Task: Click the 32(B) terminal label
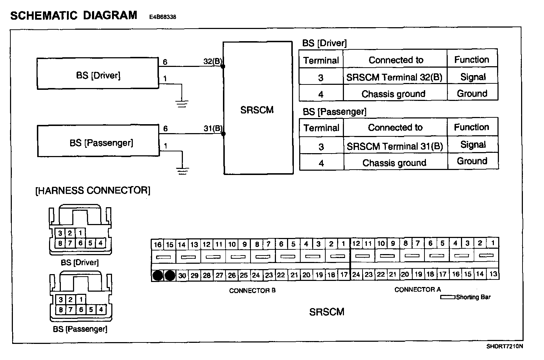pos(213,61)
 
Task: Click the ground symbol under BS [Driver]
pos(182,104)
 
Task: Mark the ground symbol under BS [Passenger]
pos(183,171)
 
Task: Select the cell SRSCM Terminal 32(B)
pos(394,77)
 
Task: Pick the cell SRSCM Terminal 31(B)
pos(395,146)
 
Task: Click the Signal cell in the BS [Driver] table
pos(473,77)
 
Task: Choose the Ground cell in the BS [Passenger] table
pos(472,161)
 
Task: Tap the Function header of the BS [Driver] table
pos(471,59)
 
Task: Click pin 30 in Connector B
pos(182,275)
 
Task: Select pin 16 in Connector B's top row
pos(157,245)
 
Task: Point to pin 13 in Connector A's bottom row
pos(493,274)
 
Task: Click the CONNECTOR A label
pos(417,289)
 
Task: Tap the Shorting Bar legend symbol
pos(447,297)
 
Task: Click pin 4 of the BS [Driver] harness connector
pos(101,243)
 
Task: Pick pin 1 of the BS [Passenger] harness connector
pos(81,299)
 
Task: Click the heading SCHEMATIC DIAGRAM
pos(74,15)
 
